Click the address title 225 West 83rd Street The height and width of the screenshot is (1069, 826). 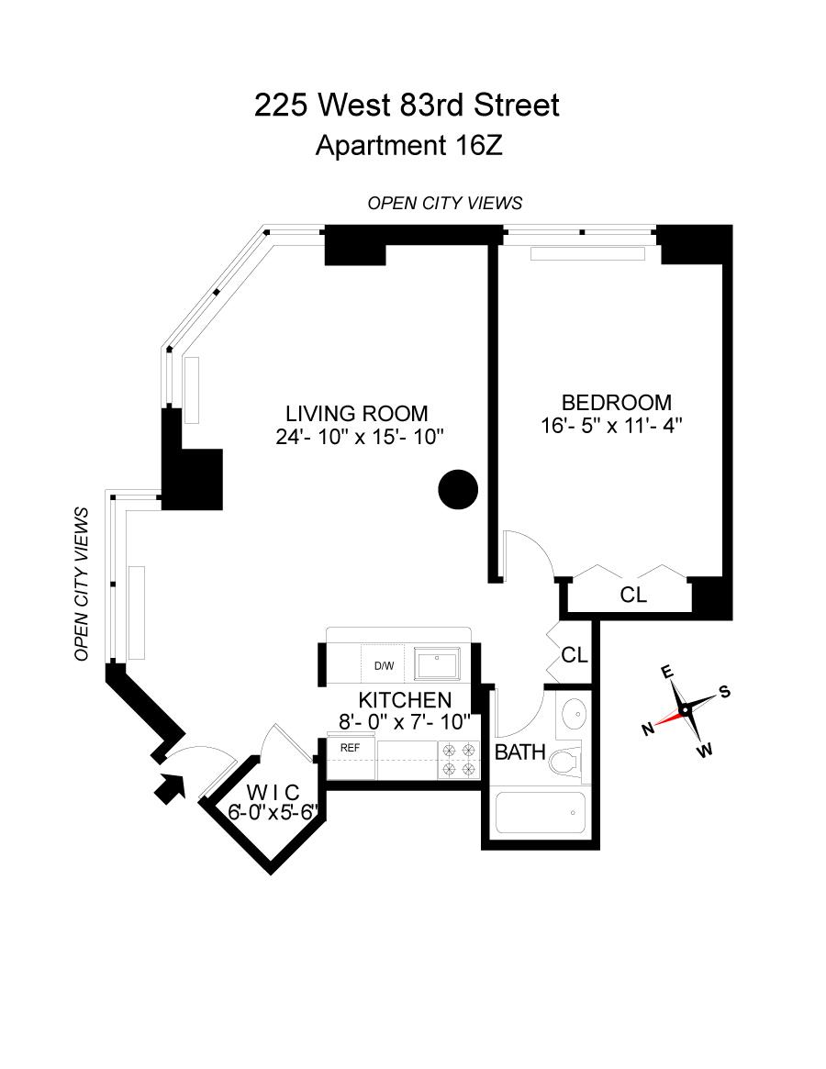coord(407,106)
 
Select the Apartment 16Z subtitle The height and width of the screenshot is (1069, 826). coord(408,146)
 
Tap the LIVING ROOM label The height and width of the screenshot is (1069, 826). coord(356,414)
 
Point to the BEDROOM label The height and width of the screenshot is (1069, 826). coord(616,402)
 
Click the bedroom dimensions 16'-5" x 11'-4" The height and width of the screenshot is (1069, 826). coord(612,426)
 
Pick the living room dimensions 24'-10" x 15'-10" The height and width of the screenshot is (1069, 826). coord(360,437)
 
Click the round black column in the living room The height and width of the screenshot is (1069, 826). coord(458,489)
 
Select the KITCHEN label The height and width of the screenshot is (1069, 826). coord(405,700)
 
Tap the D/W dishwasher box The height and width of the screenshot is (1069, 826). coord(383,665)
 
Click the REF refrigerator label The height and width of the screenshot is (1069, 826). coord(350,748)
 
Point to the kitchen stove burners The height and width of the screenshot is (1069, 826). coord(459,759)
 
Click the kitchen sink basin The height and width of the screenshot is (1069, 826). coord(440,663)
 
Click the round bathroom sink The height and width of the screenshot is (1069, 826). coord(574,712)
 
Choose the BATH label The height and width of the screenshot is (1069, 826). coord(520,753)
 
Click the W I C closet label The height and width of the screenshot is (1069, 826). coord(273,794)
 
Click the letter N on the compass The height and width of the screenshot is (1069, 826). coord(648,729)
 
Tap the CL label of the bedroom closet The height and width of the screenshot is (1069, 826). coord(633,595)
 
